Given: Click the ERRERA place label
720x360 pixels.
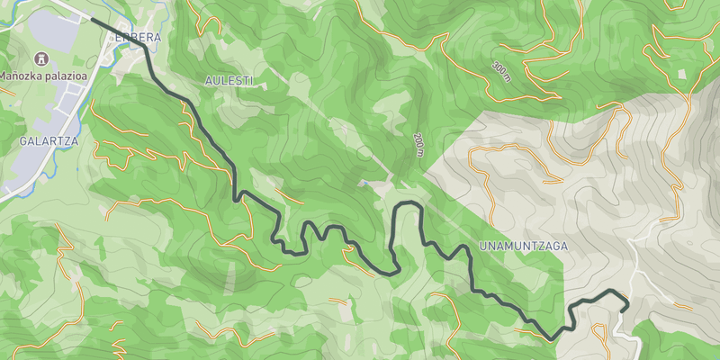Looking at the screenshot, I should [x=138, y=37].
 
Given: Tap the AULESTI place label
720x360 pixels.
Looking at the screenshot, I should [x=229, y=81].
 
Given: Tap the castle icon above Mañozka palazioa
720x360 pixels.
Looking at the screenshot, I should [x=39, y=58].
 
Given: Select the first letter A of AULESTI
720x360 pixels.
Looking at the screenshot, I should [x=209, y=81].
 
